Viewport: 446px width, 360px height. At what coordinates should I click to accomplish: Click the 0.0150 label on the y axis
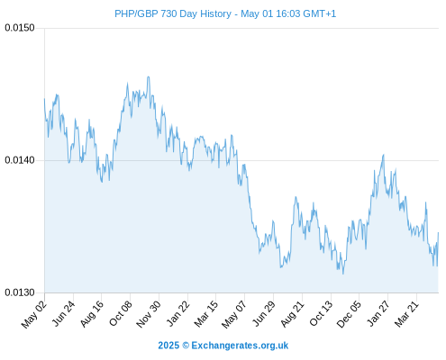(x=20, y=28)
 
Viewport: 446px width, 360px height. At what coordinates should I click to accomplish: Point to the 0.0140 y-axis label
(x=20, y=160)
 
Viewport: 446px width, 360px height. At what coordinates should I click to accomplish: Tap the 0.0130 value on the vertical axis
(x=20, y=292)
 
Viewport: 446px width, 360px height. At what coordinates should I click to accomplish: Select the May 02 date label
(x=34, y=314)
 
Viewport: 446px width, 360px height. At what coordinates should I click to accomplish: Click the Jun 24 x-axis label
(x=63, y=314)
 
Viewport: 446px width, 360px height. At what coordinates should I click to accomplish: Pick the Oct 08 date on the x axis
(x=121, y=314)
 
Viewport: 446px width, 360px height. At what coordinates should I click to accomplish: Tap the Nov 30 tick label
(x=149, y=314)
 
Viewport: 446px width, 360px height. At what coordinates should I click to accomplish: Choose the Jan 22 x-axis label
(x=177, y=314)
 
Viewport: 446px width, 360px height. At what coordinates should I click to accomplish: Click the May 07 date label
(x=234, y=314)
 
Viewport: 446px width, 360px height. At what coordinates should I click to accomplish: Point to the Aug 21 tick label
(x=292, y=314)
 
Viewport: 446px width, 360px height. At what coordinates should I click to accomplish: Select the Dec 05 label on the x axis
(x=349, y=314)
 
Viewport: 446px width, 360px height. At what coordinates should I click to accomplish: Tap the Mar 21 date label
(x=406, y=314)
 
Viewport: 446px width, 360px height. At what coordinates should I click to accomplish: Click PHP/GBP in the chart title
(x=136, y=13)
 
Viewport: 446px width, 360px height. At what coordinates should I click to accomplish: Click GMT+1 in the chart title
(x=320, y=13)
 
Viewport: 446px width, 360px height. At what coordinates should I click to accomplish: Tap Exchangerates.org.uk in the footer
(x=240, y=346)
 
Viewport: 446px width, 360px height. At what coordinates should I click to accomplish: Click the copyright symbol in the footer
(x=186, y=346)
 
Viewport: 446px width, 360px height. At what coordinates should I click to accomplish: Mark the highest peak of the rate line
(x=148, y=76)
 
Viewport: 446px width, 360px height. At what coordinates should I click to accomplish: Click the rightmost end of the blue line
(x=438, y=232)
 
